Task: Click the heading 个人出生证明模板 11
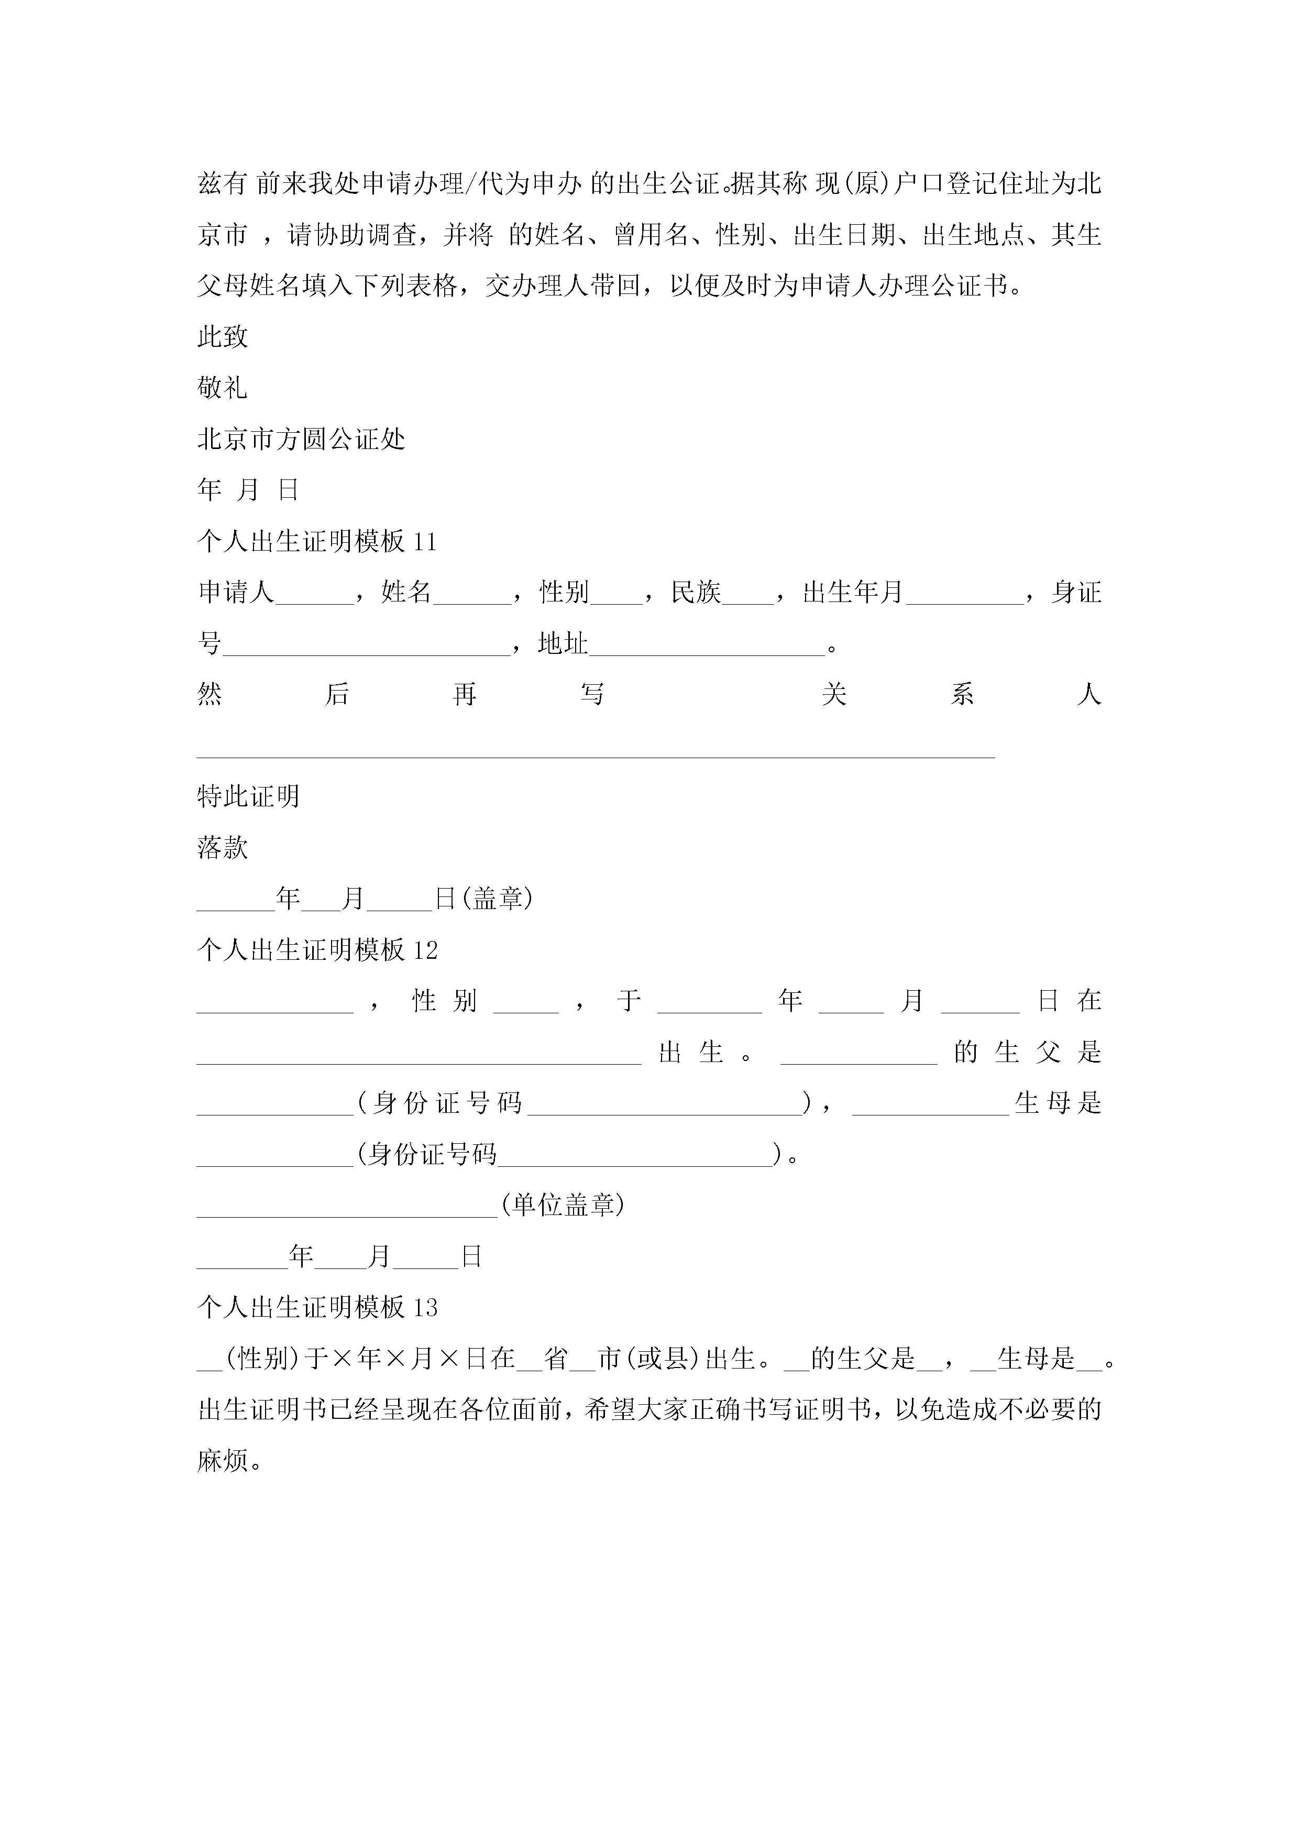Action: [317, 542]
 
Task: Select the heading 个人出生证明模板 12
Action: [317, 950]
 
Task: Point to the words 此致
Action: [223, 337]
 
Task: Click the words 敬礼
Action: [223, 388]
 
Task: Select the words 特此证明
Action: [248, 796]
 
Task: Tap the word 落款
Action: [223, 848]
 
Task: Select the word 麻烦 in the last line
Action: [223, 1461]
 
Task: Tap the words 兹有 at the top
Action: [223, 184]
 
